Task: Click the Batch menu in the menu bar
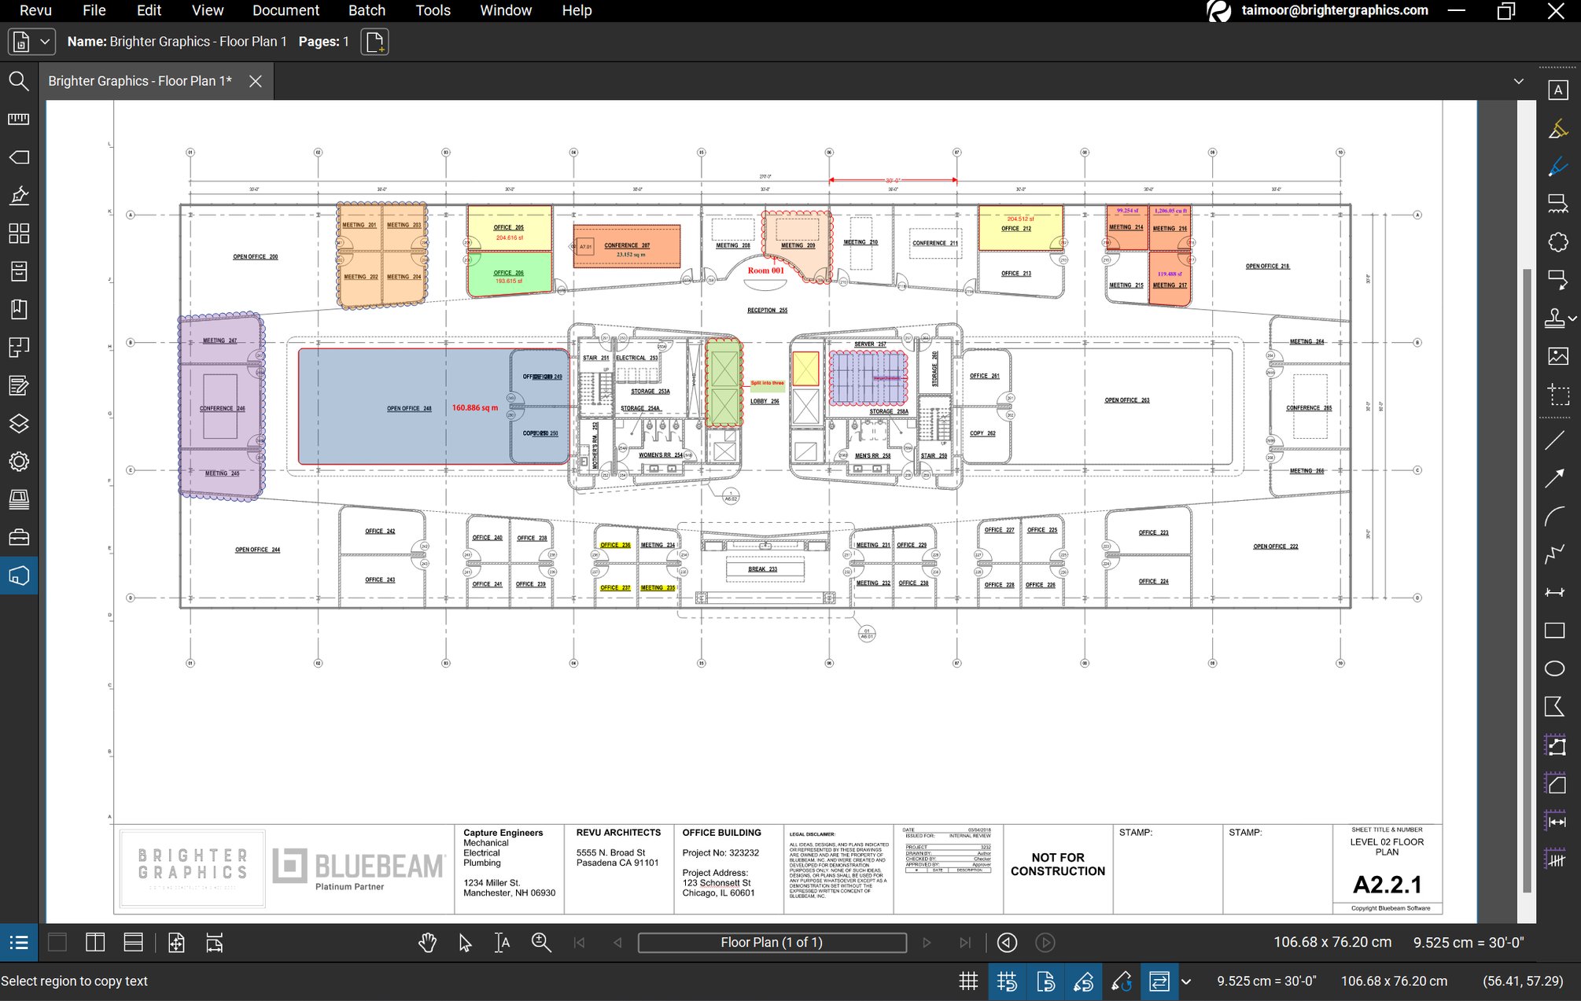367,10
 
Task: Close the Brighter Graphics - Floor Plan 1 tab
256,81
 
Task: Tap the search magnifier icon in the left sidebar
19,81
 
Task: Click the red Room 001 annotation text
765,270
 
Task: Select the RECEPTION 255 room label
767,311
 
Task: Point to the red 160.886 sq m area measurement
475,408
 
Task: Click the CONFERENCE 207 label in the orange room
627,245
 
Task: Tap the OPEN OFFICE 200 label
255,257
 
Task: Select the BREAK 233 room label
762,569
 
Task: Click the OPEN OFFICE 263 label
1126,400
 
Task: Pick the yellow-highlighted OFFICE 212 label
1015,229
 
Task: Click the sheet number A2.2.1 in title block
1387,885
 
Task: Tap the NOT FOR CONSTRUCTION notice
1057,864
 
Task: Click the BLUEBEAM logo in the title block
359,867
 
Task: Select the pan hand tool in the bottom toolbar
427,942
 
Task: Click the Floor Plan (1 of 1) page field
771,942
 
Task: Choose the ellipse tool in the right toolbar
1554,668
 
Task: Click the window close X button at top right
1555,11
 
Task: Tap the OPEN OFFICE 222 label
1275,547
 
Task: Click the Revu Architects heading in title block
618,833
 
